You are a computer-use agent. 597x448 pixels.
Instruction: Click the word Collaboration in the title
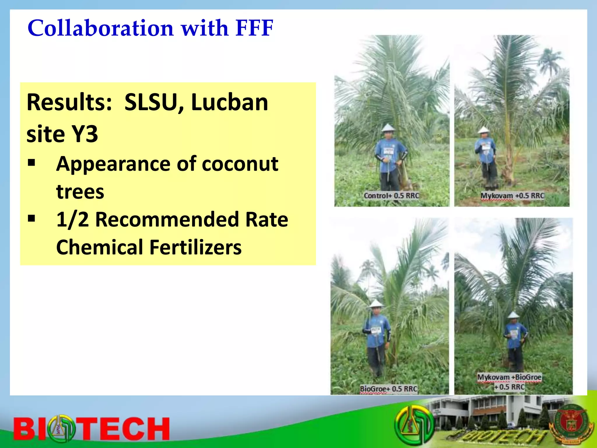(101, 28)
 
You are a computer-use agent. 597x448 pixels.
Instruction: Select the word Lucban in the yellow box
(229, 102)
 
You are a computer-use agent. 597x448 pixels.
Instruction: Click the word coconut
(240, 164)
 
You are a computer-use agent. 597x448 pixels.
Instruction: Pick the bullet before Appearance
(31, 162)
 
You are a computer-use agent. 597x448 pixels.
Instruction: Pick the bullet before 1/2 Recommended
(31, 218)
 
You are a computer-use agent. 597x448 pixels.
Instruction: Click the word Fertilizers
(195, 247)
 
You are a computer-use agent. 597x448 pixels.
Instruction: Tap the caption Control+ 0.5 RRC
(391, 196)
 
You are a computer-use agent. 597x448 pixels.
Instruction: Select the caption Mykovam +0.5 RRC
(512, 196)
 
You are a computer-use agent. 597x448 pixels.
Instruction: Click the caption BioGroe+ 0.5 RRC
(388, 389)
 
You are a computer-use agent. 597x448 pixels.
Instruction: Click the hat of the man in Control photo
(388, 128)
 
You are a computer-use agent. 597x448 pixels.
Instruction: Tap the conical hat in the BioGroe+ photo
(376, 303)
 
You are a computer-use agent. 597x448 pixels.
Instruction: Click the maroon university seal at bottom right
(570, 424)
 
